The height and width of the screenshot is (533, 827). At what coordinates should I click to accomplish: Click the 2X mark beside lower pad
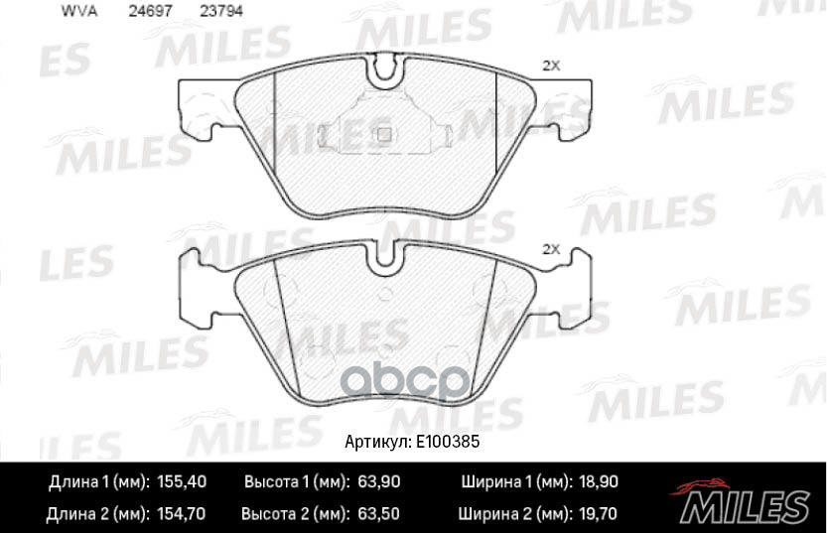pos(552,249)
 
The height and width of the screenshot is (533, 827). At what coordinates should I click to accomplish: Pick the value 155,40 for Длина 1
pos(182,482)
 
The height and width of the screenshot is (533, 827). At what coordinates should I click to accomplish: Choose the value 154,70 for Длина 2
pos(182,514)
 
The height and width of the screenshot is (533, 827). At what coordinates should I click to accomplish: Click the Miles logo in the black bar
pos(742,498)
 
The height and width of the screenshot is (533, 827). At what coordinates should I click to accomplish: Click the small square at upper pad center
pos(383,134)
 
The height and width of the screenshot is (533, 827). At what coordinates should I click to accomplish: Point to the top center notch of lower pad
pos(383,256)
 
